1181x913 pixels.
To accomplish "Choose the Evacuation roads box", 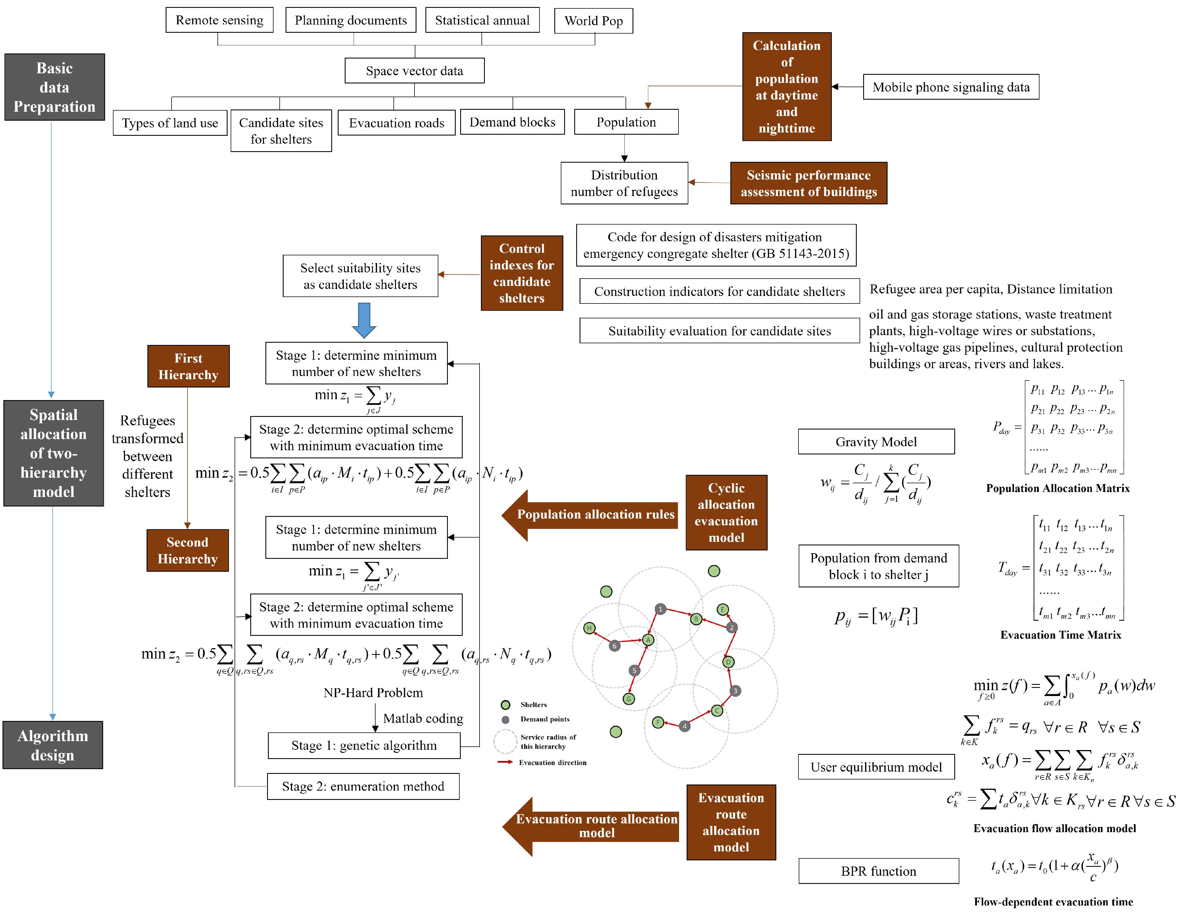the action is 396,123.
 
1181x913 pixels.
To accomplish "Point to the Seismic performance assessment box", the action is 809,183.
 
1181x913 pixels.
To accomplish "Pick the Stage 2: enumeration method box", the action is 363,786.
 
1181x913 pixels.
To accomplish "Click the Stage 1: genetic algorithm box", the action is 364,746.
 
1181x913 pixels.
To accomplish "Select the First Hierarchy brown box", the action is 188,366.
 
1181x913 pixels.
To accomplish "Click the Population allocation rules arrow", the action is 589,515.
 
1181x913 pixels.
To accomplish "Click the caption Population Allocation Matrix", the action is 1058,488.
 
